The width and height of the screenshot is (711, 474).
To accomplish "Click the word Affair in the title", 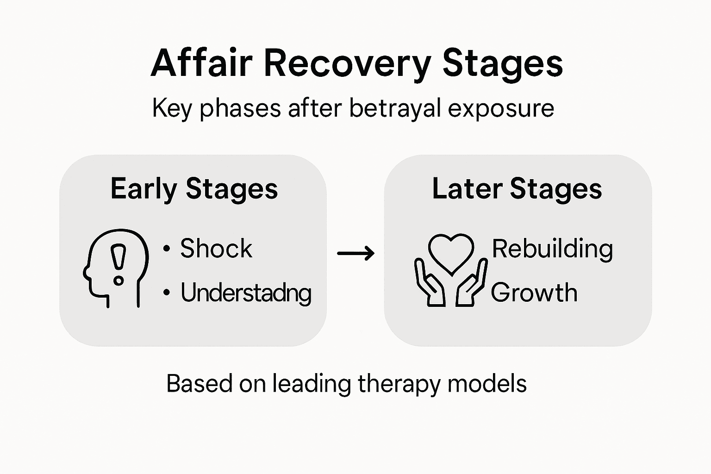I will (x=202, y=63).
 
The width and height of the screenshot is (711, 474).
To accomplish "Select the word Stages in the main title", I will (x=503, y=63).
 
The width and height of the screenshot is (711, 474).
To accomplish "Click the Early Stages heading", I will (x=194, y=189).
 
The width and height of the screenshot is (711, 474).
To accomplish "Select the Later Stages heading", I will (x=517, y=189).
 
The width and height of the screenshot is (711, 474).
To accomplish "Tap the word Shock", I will (x=216, y=249).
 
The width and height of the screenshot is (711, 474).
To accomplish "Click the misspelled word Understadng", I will (x=246, y=293).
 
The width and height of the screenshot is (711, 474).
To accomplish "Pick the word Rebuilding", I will (x=552, y=249).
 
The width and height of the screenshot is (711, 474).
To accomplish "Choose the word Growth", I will (x=534, y=293).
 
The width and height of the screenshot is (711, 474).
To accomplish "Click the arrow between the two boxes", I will (x=355, y=253).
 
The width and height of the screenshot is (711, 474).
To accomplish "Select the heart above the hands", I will (x=451, y=252).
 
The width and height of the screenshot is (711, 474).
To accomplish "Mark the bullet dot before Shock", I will (x=166, y=249).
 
